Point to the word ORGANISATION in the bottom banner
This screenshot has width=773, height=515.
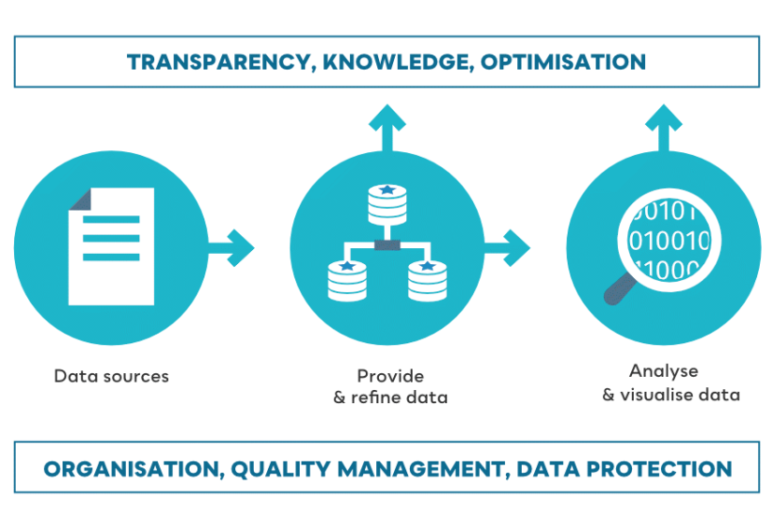(127, 468)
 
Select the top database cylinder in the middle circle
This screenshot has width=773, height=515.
(387, 204)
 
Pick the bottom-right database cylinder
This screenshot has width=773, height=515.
(428, 280)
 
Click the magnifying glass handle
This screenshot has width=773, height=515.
(617, 292)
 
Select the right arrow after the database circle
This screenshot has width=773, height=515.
(508, 247)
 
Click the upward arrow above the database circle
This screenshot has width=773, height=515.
(386, 126)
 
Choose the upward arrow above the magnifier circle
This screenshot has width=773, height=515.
(663, 126)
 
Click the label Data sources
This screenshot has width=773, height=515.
(111, 377)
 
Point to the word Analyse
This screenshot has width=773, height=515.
(663, 370)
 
